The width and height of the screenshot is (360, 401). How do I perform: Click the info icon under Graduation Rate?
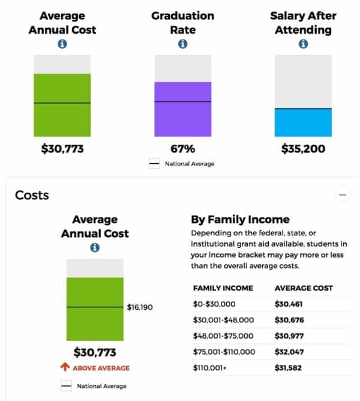click(183, 44)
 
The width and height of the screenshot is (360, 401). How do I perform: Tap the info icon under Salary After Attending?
click(304, 44)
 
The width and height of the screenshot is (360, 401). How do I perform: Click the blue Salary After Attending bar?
click(303, 122)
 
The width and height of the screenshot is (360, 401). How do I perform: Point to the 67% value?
click(183, 149)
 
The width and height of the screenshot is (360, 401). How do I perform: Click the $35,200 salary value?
click(303, 149)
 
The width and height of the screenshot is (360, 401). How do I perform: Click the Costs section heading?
click(32, 195)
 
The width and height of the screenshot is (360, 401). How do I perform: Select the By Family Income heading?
click(240, 220)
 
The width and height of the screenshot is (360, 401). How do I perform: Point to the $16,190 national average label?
click(140, 307)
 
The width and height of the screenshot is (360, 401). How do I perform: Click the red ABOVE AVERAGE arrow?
click(65, 367)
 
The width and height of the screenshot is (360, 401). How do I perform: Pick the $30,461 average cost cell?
click(289, 304)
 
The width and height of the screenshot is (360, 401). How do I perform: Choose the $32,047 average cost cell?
click(289, 351)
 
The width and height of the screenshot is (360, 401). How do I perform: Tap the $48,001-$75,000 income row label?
click(224, 336)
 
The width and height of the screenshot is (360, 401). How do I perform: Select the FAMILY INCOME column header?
click(223, 288)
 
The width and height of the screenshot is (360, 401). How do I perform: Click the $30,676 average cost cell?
click(289, 320)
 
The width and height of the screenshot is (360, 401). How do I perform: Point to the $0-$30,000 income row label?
click(215, 304)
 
